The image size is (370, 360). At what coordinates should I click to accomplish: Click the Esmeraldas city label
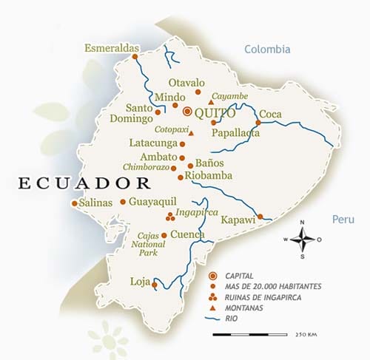(112, 48)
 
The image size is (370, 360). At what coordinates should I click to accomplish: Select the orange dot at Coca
(258, 123)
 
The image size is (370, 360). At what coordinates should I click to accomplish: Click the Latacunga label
(153, 144)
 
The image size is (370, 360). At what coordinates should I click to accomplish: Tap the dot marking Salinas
(74, 203)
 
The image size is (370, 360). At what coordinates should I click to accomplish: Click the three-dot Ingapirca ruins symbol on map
(169, 217)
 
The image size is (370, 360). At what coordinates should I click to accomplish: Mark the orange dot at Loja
(155, 282)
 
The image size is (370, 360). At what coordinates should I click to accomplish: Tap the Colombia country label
(267, 50)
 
